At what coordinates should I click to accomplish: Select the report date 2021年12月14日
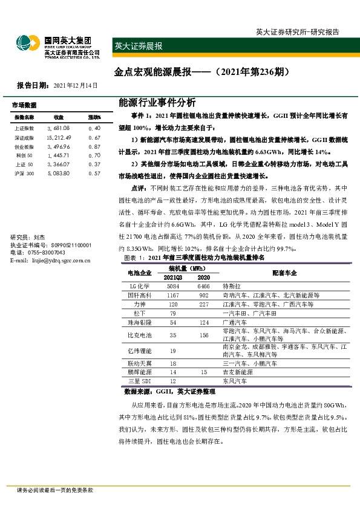(x=75, y=86)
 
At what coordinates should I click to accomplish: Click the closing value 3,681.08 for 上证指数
(x=59, y=129)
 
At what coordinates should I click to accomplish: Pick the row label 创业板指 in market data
(x=25, y=147)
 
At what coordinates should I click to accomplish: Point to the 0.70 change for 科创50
(x=94, y=156)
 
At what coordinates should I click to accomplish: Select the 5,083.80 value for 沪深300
(x=59, y=174)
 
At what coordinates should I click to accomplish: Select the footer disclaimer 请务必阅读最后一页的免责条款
(x=55, y=490)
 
